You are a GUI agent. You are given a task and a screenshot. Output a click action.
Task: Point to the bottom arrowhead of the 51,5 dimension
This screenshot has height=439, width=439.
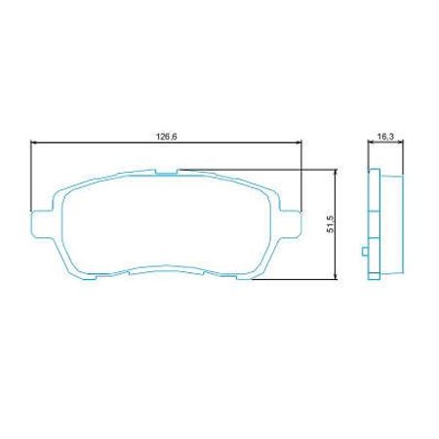[336, 277]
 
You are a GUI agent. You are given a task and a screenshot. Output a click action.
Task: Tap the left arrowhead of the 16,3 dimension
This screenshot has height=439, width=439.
[370, 143]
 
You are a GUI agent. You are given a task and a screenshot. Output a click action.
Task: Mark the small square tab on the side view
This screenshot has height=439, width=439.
[364, 256]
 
